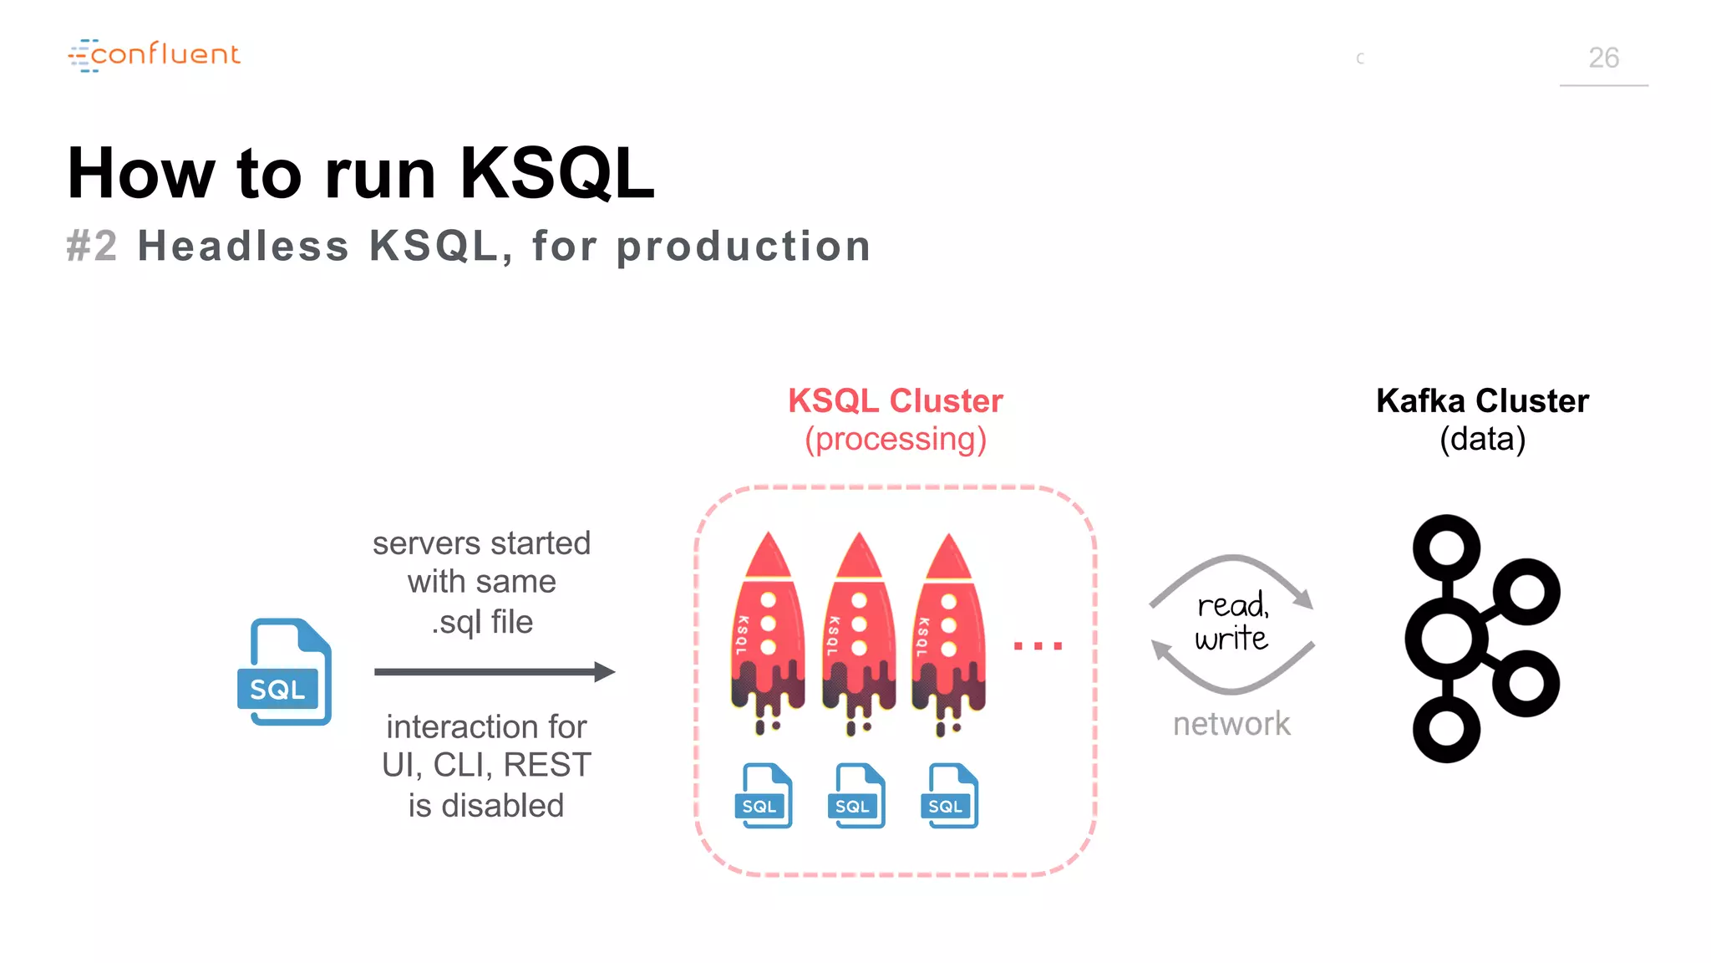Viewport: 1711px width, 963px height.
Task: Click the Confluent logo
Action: pyautogui.click(x=155, y=55)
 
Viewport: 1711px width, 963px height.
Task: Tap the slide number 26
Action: pyautogui.click(x=1602, y=58)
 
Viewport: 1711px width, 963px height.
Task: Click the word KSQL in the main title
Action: pyautogui.click(x=556, y=174)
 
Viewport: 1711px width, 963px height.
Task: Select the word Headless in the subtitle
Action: pyautogui.click(x=243, y=247)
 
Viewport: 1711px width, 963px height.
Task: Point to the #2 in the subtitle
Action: pyautogui.click(x=92, y=247)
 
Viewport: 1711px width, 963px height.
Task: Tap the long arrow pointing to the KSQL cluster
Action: pyautogui.click(x=494, y=671)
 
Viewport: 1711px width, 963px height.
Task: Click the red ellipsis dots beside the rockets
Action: pyautogui.click(x=1038, y=645)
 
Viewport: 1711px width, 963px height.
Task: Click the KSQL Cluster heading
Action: pyautogui.click(x=895, y=401)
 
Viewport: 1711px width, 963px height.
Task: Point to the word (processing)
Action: pyautogui.click(x=895, y=440)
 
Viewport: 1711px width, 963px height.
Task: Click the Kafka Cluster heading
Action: pyautogui.click(x=1482, y=401)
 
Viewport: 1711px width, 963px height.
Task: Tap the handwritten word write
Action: pyautogui.click(x=1231, y=639)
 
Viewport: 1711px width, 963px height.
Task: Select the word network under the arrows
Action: pyautogui.click(x=1231, y=724)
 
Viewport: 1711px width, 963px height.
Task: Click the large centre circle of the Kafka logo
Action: pyautogui.click(x=1447, y=639)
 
